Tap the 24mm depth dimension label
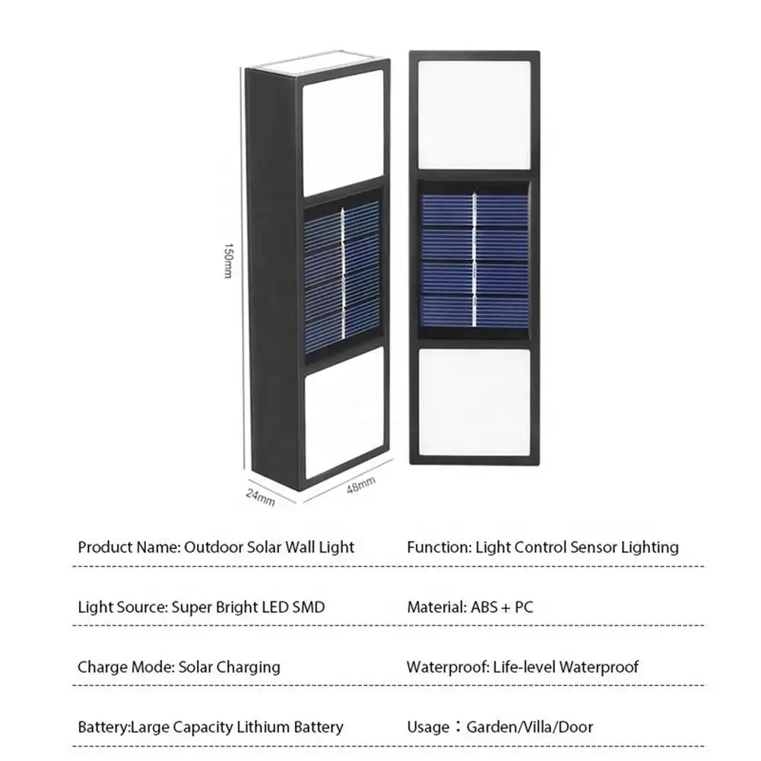pos(261,496)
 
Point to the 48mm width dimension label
pos(360,484)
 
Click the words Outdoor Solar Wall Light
pos(270,547)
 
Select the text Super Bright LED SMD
pos(248,607)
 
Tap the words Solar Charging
pos(229,667)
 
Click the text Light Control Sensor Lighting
pos(577,547)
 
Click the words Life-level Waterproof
pos(566,667)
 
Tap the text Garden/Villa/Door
pos(530,727)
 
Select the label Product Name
pos(128,547)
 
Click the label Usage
pos(428,727)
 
